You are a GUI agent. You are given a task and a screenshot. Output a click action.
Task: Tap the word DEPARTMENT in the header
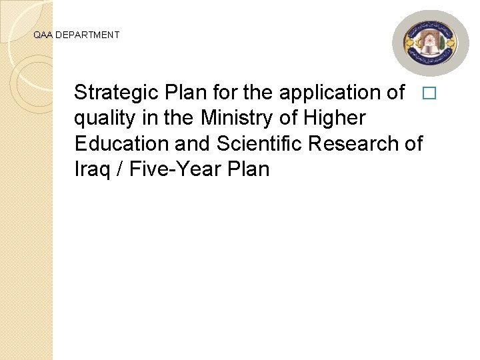[87, 35]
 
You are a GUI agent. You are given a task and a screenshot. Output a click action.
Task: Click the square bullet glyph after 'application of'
[428, 93]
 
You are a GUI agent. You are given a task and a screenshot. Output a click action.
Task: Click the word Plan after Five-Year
[248, 169]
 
